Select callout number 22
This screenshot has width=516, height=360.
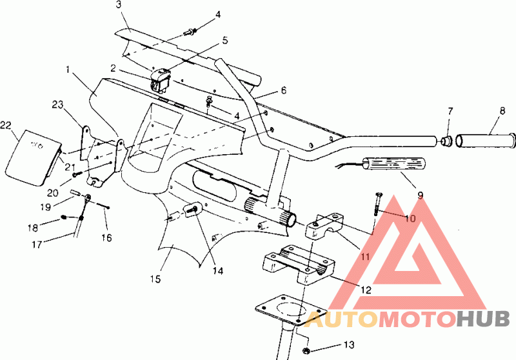pyautogui.click(x=6, y=125)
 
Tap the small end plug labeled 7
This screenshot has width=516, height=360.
pyautogui.click(x=445, y=140)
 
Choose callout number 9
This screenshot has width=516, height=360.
pyautogui.click(x=420, y=194)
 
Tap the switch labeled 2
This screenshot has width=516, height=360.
pyautogui.click(x=159, y=81)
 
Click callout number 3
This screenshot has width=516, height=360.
pyautogui.click(x=119, y=5)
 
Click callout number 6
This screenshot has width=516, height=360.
pyautogui.click(x=283, y=90)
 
